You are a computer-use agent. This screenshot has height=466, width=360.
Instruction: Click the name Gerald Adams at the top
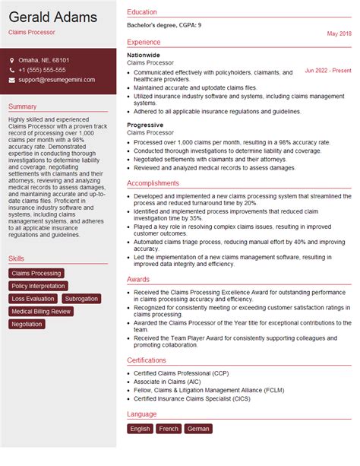[x=52, y=17]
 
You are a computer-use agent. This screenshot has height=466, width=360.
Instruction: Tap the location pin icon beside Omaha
[x=12, y=60]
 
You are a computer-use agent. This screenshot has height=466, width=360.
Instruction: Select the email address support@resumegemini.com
[x=57, y=80]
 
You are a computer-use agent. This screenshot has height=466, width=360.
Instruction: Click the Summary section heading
[x=23, y=106]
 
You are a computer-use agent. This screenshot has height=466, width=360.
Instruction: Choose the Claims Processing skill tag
[x=36, y=274]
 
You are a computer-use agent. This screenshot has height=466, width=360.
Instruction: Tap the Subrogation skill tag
[x=81, y=299]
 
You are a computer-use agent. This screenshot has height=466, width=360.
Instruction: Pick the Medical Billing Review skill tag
[x=42, y=312]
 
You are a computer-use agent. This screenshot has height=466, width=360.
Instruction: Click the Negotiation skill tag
[x=27, y=325]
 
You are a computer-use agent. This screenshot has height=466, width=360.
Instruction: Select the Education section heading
[x=142, y=12]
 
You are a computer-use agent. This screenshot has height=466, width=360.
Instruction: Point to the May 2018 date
[x=339, y=34]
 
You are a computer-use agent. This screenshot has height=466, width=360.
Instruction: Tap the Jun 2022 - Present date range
[x=328, y=70]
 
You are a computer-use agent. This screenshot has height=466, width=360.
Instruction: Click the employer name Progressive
[x=145, y=125]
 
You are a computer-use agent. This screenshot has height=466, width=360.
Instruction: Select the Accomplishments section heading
[x=153, y=183]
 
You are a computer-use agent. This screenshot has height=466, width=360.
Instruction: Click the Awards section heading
[x=138, y=279]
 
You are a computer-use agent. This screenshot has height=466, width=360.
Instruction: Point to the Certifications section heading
[x=147, y=360]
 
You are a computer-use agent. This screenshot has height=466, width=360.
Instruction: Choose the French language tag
[x=169, y=429]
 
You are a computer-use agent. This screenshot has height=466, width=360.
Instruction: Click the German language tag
[x=198, y=429]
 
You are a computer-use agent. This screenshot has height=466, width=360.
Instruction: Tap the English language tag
[x=141, y=429]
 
